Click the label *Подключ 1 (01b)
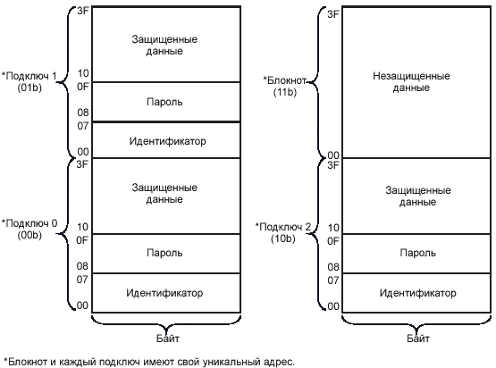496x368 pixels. pos(29,81)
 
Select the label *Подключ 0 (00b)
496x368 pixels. pos(29,230)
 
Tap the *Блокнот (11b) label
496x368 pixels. pos(285,86)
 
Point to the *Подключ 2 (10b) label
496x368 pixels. pos(283,232)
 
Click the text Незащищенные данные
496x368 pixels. pos(411,81)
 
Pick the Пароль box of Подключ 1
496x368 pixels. pos(166,102)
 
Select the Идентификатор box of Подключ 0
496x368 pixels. pos(166,293)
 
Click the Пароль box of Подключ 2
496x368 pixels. pos(416,254)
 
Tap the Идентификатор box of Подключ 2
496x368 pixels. pos(416,293)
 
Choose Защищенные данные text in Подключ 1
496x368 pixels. pos(164,46)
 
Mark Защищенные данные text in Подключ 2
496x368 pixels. pos(418,196)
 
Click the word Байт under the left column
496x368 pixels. pos(168,339)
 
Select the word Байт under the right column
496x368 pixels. pos(418,339)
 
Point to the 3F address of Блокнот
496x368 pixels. pos(333,14)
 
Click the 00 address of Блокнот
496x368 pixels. pos(333,155)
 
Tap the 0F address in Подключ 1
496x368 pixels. pos(83,87)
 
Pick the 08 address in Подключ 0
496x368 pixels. pos(82,266)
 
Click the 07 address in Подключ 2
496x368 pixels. pos(333,280)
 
